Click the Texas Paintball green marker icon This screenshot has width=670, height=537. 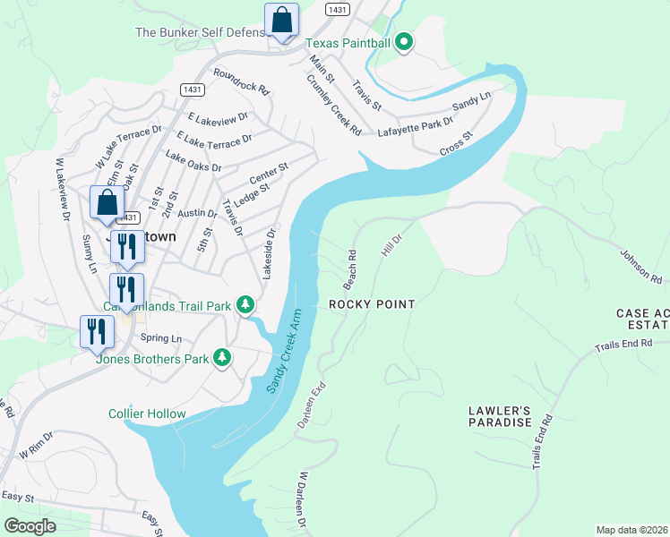point(404,41)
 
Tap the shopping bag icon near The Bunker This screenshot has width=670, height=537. point(281,21)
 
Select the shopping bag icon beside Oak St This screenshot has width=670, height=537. point(107,203)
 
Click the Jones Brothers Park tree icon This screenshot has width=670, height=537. point(222,359)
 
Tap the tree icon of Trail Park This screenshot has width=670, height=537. point(245,306)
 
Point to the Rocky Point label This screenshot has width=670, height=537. point(372,304)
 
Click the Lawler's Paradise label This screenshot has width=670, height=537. point(500,416)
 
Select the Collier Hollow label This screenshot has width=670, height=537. point(147,413)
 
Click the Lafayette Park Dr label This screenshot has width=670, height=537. point(416,124)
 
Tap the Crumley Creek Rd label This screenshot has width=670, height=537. point(332,106)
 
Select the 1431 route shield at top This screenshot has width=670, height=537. point(337,9)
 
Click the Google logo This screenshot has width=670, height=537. point(30,526)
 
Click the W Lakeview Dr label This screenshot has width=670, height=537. point(62,189)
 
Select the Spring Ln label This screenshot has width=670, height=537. point(161,338)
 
